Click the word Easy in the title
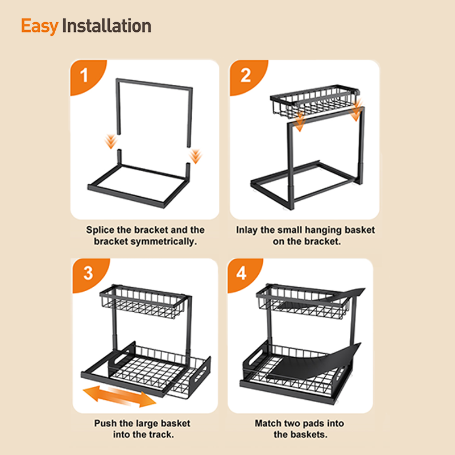point(39,26)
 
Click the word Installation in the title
point(107,26)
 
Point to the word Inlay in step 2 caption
point(247,230)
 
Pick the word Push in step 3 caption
point(105,423)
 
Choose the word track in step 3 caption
point(161,435)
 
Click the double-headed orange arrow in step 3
point(119,396)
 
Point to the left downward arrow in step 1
point(111,141)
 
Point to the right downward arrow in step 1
point(196,156)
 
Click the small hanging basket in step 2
point(315,101)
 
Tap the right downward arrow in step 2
point(355,110)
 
